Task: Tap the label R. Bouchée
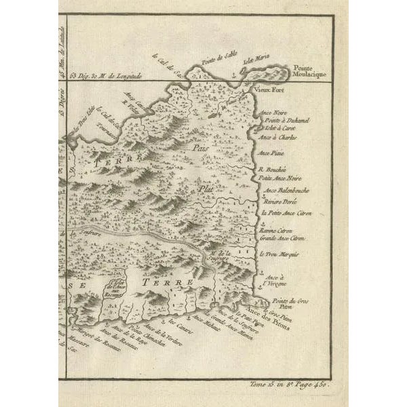pos(273,168)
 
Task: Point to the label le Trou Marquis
pos(278,254)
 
